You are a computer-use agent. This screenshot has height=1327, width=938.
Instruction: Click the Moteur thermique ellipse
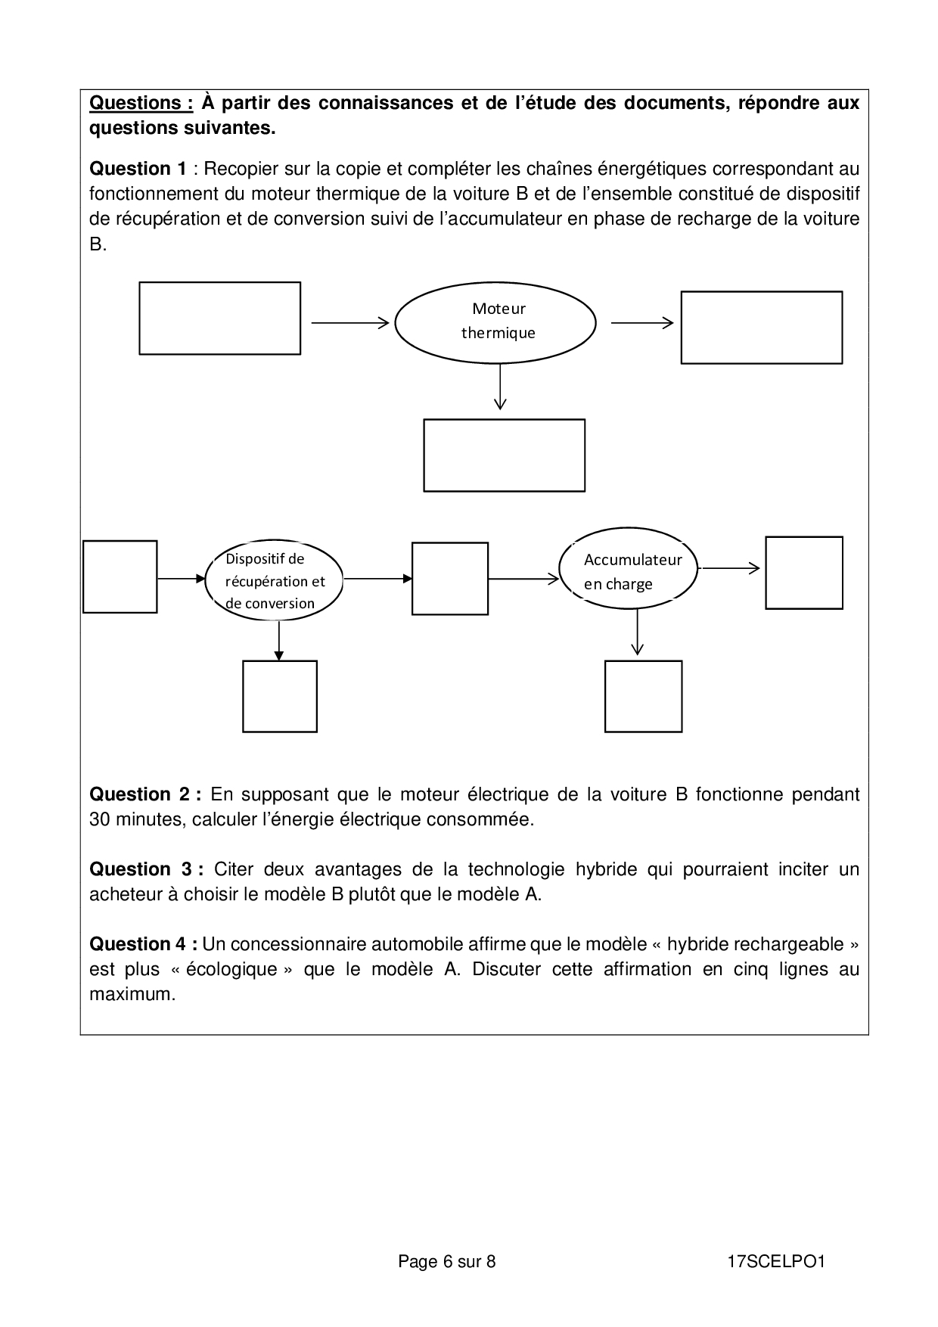(496, 321)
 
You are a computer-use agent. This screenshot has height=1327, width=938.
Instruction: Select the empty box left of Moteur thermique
(219, 318)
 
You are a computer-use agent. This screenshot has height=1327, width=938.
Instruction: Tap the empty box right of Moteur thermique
(761, 327)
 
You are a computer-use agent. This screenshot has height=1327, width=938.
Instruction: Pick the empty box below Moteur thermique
(504, 455)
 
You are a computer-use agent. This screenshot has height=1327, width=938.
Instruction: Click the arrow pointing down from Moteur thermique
(499, 387)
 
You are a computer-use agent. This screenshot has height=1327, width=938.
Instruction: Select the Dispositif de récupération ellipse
(274, 580)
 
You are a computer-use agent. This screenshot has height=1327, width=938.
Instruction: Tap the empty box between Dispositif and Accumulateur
(449, 578)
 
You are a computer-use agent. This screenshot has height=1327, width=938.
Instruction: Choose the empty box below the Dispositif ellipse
(279, 696)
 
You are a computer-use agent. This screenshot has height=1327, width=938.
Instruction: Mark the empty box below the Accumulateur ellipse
(643, 696)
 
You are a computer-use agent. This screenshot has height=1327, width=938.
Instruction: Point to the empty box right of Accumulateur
(803, 572)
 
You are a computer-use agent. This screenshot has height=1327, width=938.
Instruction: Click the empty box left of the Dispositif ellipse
(120, 576)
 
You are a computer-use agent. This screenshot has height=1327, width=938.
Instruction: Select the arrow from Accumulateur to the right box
(729, 567)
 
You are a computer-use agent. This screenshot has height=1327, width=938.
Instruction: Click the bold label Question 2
(144, 794)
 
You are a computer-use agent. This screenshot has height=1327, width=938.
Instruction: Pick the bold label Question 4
(144, 944)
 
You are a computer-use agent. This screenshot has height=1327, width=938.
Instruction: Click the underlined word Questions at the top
(141, 103)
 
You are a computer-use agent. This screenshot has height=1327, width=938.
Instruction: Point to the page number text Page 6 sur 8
(446, 1261)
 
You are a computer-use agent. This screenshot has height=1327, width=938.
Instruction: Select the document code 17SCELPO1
(775, 1261)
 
